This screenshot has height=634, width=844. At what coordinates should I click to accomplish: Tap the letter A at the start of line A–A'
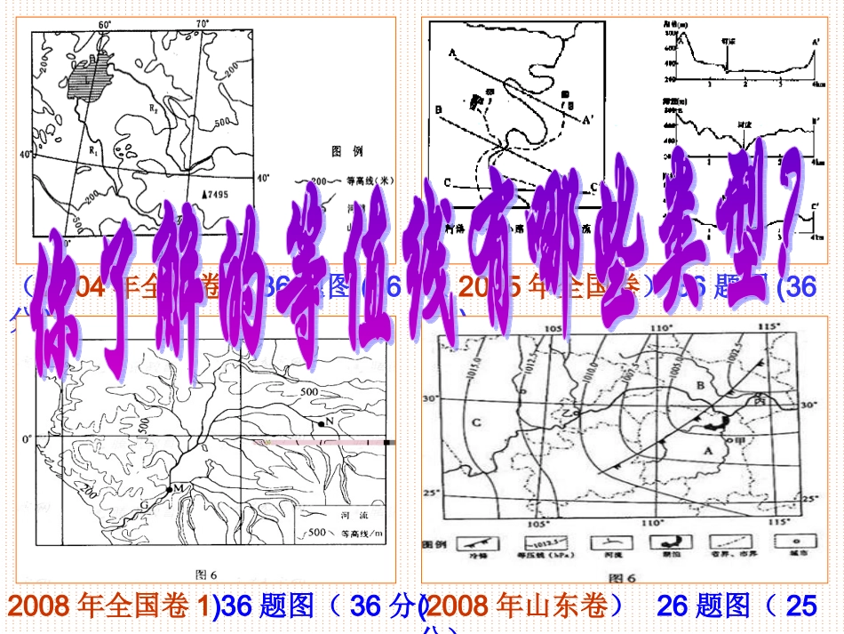click(452, 54)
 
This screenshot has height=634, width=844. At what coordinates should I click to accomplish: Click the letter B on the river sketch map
click(439, 110)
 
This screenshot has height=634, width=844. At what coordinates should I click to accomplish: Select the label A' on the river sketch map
click(586, 118)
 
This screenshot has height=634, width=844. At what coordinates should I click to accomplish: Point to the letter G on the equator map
click(143, 505)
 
